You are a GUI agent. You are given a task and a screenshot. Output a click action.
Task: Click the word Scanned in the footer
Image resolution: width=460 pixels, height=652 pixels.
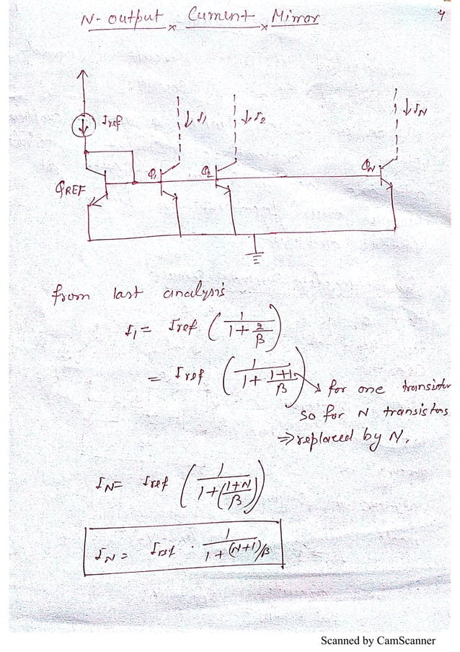click(x=343, y=640)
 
